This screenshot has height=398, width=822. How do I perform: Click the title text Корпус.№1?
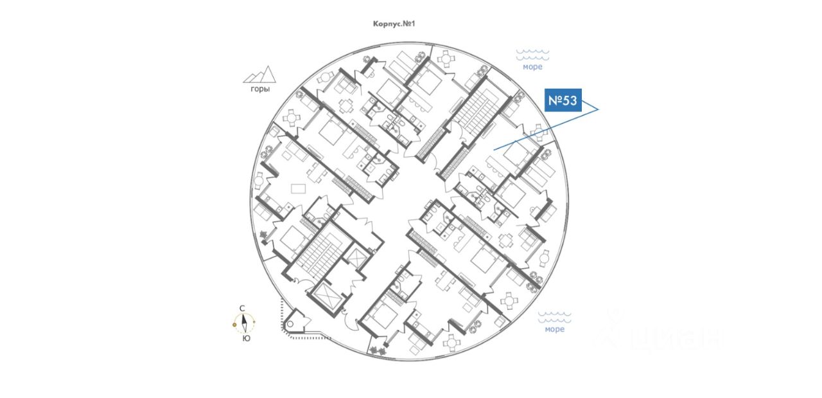(395, 24)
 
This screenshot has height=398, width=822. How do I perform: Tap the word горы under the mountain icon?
(260, 89)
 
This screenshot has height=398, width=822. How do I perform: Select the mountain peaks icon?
(259, 75)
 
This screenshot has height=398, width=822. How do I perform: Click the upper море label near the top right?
(532, 67)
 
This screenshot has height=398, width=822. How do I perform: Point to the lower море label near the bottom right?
(554, 329)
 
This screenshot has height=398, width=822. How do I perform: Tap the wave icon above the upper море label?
(532, 55)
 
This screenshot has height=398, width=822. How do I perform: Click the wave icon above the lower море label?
(554, 317)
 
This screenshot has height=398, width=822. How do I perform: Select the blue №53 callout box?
(563, 100)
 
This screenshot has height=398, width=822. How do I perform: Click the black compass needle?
(245, 323)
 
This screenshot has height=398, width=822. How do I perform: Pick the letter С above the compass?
(242, 309)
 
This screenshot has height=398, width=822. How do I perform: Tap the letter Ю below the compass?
(247, 338)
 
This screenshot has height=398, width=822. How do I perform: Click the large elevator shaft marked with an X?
(331, 297)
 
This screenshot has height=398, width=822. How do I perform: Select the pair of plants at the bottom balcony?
(377, 350)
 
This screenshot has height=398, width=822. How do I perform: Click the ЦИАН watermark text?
(668, 336)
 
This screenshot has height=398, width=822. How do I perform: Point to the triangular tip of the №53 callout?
(597, 110)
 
